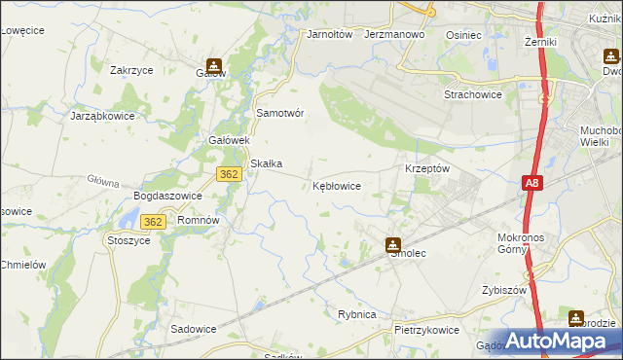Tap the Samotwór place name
(280, 113)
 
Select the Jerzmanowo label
(395, 34)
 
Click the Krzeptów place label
(426, 167)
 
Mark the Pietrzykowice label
(426, 330)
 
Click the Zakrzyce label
(134, 70)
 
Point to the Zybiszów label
(503, 291)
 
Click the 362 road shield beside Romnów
(158, 221)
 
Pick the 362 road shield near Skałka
(229, 173)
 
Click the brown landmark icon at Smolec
(393, 244)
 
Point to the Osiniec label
(463, 34)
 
